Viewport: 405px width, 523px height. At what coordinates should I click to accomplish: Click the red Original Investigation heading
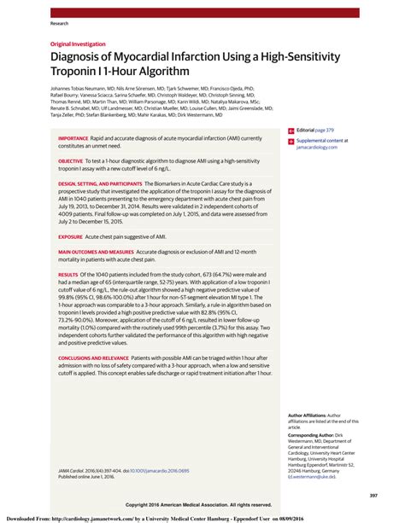(78, 44)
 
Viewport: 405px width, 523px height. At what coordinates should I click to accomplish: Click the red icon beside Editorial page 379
(291, 131)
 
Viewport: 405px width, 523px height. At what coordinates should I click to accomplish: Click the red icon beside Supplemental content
(291, 141)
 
